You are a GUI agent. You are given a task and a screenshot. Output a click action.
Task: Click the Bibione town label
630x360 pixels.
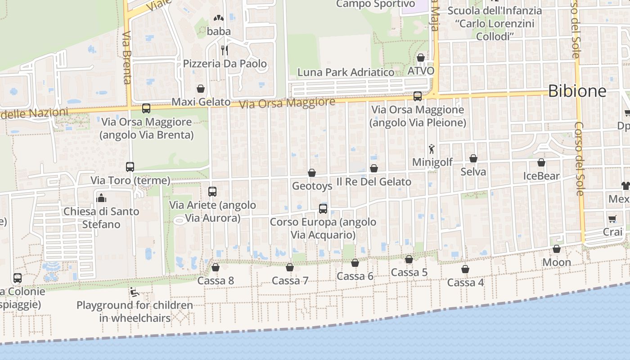[x=577, y=91]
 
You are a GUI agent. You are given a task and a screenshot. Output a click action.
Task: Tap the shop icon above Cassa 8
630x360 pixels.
[x=216, y=267]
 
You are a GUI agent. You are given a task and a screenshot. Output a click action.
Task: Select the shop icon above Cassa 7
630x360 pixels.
[x=290, y=267]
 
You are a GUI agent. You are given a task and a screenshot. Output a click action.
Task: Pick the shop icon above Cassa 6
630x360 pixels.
[x=355, y=263]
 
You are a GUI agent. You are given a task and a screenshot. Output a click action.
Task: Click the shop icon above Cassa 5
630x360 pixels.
[x=409, y=259]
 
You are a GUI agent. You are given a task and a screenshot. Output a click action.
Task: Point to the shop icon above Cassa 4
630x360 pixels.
[x=465, y=269]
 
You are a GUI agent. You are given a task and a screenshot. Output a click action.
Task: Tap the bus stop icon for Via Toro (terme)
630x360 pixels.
[x=130, y=167]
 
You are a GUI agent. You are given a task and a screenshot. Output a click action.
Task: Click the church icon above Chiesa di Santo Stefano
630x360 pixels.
[x=101, y=198]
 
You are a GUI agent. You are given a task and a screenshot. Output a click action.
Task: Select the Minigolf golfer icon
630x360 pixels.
[x=432, y=148]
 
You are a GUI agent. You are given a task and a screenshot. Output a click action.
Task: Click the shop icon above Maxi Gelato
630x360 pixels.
[x=201, y=89]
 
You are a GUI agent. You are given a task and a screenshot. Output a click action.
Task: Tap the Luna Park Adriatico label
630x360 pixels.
[x=346, y=72]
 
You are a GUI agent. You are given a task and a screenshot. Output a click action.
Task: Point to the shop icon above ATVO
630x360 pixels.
[x=421, y=58]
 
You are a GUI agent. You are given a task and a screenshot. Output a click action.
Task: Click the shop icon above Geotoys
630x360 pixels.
[x=312, y=172]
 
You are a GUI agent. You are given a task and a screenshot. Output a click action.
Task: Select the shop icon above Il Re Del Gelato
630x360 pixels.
[x=374, y=168]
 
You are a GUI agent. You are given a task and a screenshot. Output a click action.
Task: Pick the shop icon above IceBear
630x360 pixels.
[x=541, y=162]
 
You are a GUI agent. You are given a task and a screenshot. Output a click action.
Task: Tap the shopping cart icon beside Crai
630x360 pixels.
[x=612, y=219]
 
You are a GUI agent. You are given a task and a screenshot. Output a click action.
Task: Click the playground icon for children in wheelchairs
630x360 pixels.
[x=134, y=292]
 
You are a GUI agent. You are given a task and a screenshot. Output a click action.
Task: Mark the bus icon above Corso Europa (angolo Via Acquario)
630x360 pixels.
[x=323, y=208]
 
